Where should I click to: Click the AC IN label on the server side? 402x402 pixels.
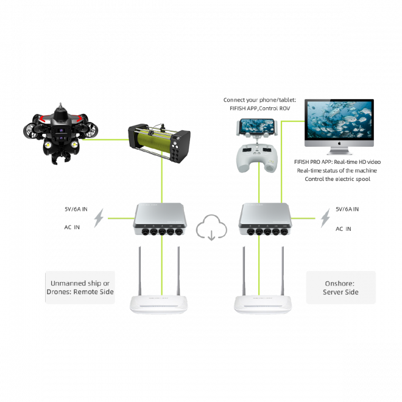[x=344, y=229]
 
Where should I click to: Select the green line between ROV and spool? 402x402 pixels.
[x=105, y=139]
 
